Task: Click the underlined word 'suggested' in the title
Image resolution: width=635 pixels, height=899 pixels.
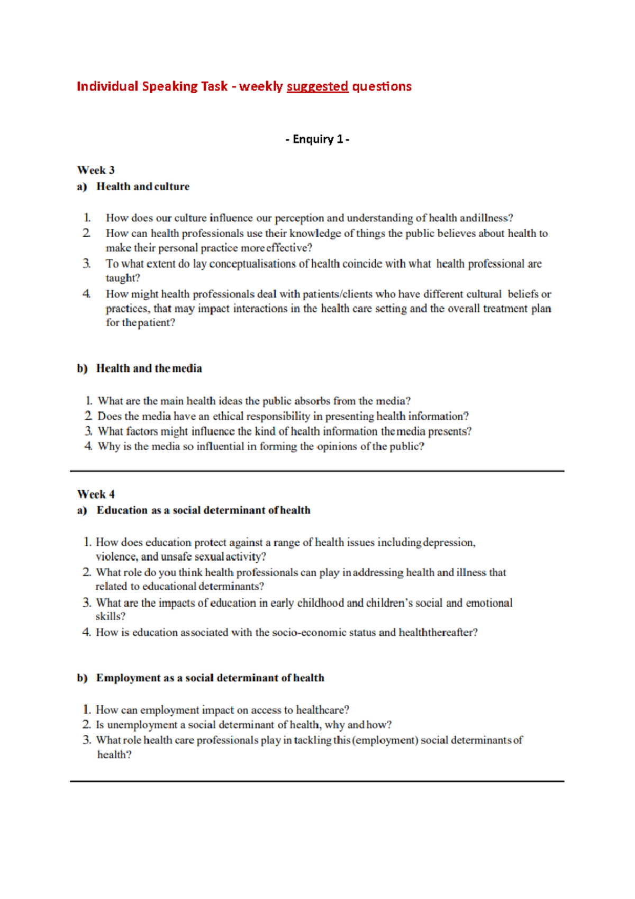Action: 317,87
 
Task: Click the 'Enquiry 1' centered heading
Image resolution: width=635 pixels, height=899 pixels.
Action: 317,139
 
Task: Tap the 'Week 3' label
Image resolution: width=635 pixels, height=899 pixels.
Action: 96,170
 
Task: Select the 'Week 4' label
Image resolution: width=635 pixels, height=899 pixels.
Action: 96,495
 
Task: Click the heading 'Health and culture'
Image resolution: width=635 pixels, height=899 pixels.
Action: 142,186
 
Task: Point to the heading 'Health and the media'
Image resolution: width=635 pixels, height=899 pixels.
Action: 149,368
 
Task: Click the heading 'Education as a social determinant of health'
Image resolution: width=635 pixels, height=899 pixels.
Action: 203,510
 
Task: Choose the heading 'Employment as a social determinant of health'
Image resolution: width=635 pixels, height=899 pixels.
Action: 210,678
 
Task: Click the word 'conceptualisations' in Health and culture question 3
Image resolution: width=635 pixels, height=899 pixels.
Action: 252,264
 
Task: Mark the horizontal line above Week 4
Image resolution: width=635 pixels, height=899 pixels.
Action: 317,471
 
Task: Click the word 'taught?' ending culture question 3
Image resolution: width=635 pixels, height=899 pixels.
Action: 123,278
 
